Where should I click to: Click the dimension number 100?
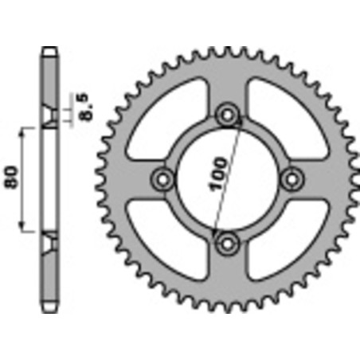(x=221, y=172)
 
